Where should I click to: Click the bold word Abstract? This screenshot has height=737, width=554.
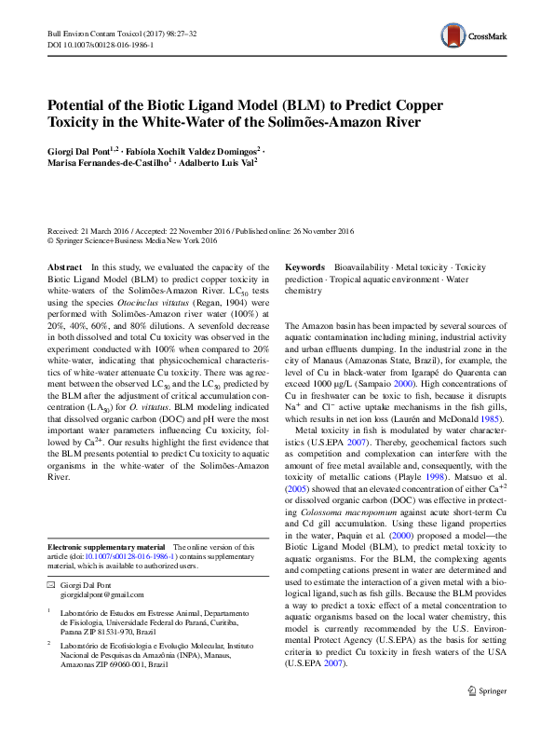[64, 266]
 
